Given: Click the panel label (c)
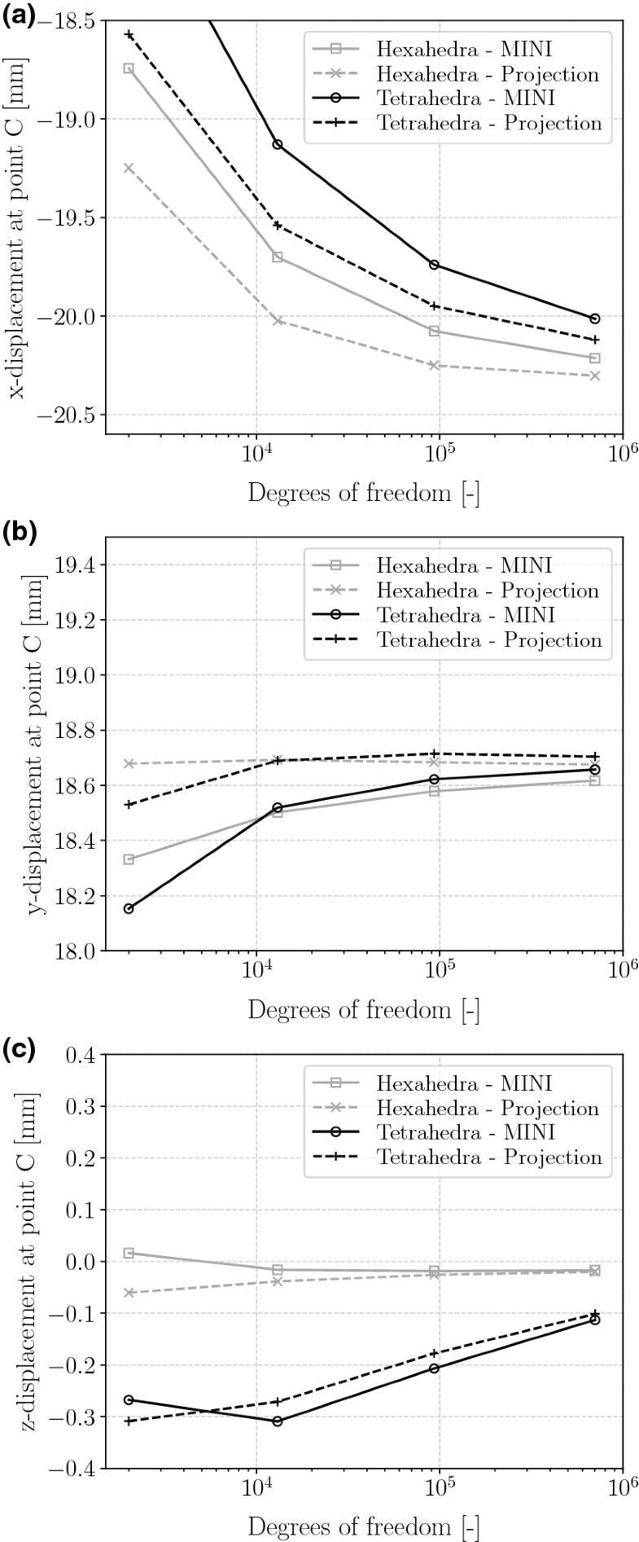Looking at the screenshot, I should pos(18,1050).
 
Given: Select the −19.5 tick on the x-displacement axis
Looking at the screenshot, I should pos(72,217).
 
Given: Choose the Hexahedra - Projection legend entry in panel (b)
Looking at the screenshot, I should pos(487,591).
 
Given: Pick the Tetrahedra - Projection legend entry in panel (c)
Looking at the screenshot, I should pos(488,1158).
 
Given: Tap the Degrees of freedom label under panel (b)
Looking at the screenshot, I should pos(363,1010).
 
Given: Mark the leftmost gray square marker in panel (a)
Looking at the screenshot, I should pos(129,68).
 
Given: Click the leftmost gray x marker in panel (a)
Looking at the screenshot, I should pos(129,168).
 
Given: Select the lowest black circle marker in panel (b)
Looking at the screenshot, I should pos(129,908).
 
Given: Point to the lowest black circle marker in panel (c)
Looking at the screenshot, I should pos(278,1421).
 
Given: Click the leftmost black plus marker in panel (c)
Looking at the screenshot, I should pos(129,1421).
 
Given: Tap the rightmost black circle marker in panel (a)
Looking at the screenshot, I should pos(595,319).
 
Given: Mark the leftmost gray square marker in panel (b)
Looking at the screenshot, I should pos(129,859).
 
